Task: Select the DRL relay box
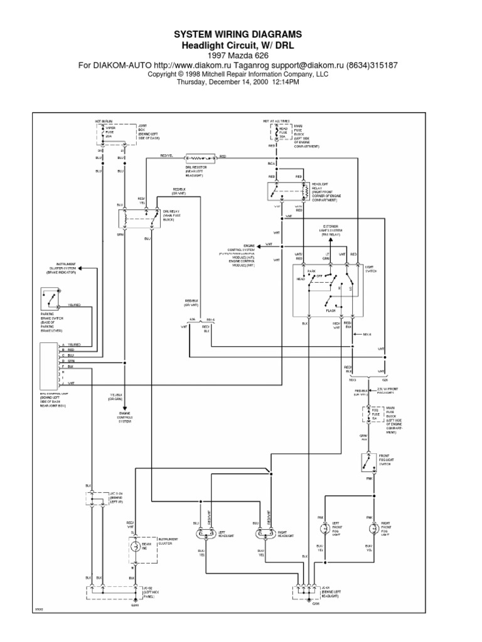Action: coord(139,218)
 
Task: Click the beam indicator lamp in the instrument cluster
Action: coord(134,546)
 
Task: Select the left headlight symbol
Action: coord(205,534)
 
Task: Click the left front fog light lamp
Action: coord(324,529)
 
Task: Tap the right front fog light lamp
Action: coord(375,529)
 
